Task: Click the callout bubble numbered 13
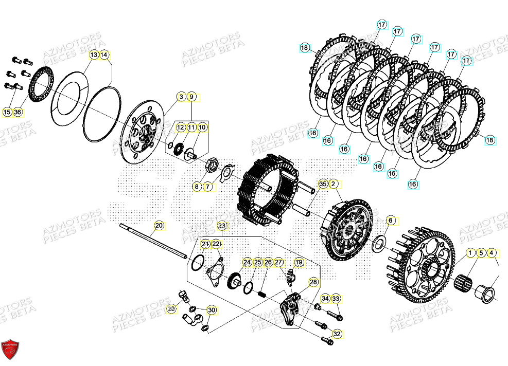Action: coord(94,54)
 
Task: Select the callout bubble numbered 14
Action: coord(104,54)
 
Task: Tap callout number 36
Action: coord(18,112)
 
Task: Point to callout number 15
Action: coord(7,112)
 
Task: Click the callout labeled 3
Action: coord(181,97)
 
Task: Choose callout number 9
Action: coord(191,97)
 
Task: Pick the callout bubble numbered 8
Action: coord(197,187)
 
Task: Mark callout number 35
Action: coord(323,184)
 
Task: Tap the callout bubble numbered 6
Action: coord(390,221)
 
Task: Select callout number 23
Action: coord(222,225)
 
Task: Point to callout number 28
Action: coord(313,282)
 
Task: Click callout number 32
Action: coord(337,334)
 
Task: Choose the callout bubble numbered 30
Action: coord(212,310)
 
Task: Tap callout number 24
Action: coord(248,262)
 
